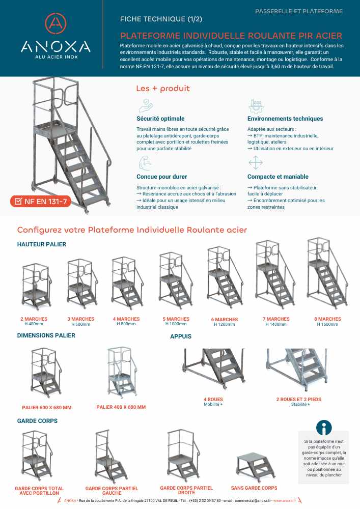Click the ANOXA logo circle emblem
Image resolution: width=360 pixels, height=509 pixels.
point(56,23)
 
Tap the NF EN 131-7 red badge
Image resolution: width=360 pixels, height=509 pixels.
point(41,202)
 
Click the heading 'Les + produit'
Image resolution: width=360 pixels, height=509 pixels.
point(162,89)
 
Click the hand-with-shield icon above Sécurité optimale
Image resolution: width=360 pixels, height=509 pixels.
point(146,105)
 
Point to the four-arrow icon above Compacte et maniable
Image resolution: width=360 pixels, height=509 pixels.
point(255,163)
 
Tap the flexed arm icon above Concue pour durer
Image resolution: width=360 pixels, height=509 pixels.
point(145,163)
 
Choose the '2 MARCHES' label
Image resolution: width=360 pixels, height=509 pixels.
point(34,319)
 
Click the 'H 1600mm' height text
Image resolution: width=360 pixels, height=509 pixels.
point(327,324)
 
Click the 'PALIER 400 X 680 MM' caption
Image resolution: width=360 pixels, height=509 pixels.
point(121,407)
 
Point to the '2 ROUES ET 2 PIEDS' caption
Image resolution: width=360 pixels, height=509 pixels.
point(298,400)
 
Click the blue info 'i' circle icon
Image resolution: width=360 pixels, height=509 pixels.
point(324,428)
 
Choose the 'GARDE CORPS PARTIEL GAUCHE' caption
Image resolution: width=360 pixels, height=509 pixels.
point(111,491)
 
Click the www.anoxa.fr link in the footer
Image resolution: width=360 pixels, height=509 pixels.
point(284,501)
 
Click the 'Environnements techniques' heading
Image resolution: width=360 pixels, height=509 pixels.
point(285,119)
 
